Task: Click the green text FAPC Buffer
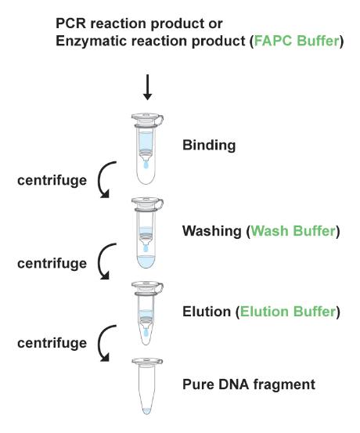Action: pos(297,41)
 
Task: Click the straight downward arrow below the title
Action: pos(147,87)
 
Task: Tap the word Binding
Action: pos(209,146)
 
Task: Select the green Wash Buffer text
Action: pos(293,231)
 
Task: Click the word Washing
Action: pos(212,231)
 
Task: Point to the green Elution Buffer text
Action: pos(288,312)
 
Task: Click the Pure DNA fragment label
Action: pos(249,384)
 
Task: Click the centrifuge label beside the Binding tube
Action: pos(52,181)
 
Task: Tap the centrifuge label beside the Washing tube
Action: pos(52,264)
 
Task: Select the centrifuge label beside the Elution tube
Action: pos(52,343)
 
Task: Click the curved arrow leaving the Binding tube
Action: pos(99,179)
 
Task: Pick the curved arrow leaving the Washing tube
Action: pos(99,262)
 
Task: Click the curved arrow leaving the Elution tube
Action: pos(99,343)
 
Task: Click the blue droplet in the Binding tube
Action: pos(146,165)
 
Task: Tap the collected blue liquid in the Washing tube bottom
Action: pos(146,262)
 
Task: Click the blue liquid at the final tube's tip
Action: pos(146,411)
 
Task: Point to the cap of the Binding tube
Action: pos(147,118)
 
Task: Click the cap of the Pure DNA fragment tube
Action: pos(147,361)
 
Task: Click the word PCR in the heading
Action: pos(71,23)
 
